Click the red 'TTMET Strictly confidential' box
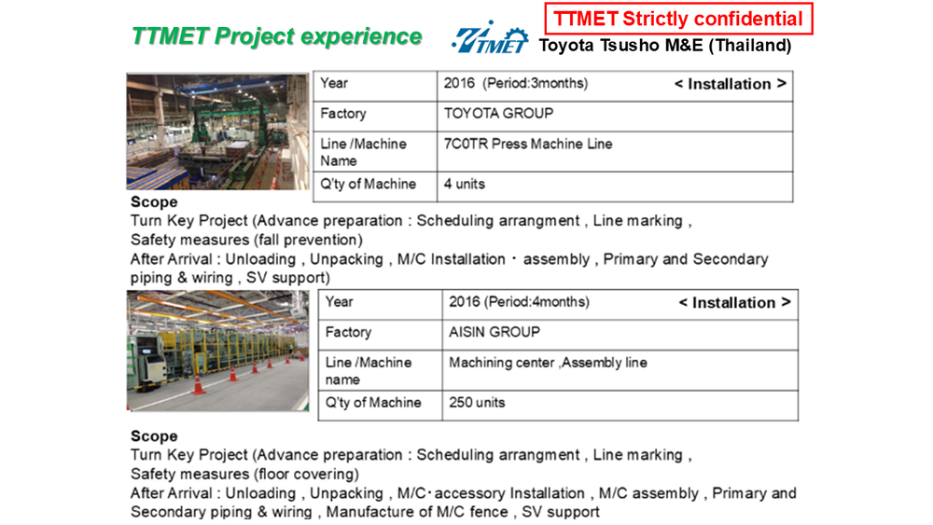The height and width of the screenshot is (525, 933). tap(678, 19)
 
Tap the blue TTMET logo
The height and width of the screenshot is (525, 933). tap(490, 38)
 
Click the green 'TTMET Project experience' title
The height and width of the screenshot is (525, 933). tap(277, 36)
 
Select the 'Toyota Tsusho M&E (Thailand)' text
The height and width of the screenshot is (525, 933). tap(665, 46)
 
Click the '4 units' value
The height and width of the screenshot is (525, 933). tap(464, 185)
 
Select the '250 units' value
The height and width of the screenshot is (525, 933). tap(477, 403)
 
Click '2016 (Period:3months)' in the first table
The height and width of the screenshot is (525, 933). tap(516, 83)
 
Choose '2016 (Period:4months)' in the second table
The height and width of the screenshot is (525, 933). tap(519, 302)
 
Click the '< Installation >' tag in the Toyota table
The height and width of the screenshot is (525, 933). tap(731, 85)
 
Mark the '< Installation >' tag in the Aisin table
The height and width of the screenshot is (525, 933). tap(735, 303)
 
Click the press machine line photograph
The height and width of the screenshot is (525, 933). tap(217, 132)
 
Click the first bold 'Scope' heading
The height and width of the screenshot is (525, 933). tap(154, 202)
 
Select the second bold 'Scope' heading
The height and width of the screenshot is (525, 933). tap(154, 436)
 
